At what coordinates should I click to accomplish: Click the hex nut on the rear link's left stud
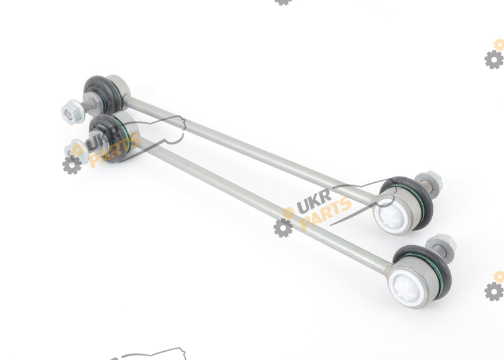point(72,112)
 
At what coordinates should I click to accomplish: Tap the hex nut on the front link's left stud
point(77,151)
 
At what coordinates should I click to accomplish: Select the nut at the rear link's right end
point(428,180)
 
